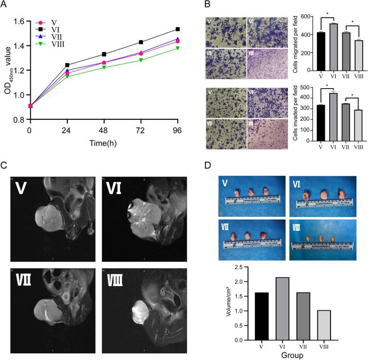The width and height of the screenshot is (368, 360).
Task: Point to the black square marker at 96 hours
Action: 178,29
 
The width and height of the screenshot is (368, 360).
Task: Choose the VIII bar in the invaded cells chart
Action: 358,125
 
